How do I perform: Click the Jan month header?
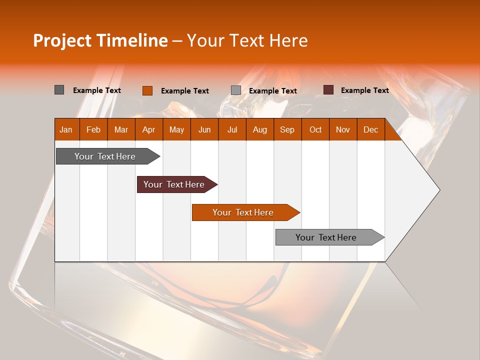pos(66,129)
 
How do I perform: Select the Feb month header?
pos(93,129)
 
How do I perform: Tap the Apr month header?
pos(148,129)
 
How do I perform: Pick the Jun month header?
pos(204,129)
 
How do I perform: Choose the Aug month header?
pos(259,129)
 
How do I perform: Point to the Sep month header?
pos(287,129)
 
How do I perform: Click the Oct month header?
pos(315,129)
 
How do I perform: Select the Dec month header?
pos(370,129)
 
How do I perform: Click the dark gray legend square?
pos(59,90)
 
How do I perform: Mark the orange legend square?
pos(147,90)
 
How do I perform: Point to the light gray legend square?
pos(236,90)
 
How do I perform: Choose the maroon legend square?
pos(328,90)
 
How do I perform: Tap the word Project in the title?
pos(62,40)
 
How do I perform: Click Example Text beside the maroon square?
pos(364,90)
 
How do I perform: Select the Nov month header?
pos(342,129)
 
